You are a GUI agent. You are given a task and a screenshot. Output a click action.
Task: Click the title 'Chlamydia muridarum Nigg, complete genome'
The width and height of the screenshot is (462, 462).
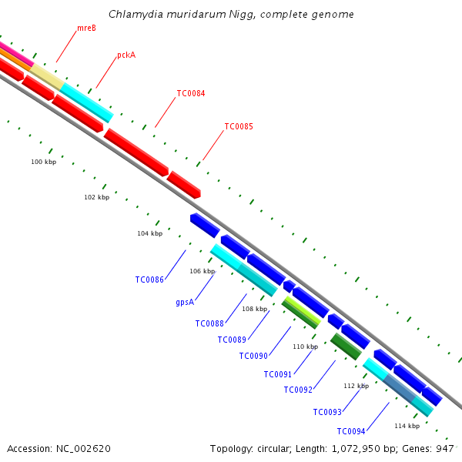click(x=231, y=14)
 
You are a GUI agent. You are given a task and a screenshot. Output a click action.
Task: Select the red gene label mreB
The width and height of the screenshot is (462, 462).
click(x=86, y=28)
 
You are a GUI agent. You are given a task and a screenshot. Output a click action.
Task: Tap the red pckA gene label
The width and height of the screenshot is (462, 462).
click(x=126, y=55)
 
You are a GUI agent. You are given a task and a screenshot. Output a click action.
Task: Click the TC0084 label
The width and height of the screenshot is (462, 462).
click(x=191, y=93)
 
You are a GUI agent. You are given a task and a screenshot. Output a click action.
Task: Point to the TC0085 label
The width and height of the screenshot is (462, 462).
click(x=239, y=126)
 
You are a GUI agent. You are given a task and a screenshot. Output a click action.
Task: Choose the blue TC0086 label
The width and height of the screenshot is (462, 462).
click(x=149, y=280)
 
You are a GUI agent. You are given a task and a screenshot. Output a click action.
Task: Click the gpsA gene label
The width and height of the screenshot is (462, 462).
click(x=184, y=302)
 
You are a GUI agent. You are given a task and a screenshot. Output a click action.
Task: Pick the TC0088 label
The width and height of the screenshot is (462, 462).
click(x=209, y=323)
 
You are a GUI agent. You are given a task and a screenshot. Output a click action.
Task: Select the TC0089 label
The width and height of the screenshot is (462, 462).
click(x=232, y=340)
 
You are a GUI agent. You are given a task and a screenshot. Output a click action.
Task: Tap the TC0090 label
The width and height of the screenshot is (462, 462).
click(x=253, y=356)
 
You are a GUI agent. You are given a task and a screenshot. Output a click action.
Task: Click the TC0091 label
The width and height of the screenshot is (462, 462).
click(x=278, y=374)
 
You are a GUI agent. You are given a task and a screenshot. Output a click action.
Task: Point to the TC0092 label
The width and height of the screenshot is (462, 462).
click(x=298, y=390)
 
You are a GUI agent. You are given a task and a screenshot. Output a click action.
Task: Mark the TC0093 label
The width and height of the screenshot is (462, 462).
click(x=327, y=412)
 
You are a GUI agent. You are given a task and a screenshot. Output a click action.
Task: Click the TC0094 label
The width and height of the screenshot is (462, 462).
click(x=351, y=431)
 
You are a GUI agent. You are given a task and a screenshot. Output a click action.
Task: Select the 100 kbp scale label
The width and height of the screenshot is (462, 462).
click(x=43, y=162)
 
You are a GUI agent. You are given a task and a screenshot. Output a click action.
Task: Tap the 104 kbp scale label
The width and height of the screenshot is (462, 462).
click(x=149, y=233)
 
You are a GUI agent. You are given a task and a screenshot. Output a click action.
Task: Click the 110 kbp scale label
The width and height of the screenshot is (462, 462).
click(x=305, y=346)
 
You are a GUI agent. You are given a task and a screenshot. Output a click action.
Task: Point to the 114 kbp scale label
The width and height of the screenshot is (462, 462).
click(x=407, y=426)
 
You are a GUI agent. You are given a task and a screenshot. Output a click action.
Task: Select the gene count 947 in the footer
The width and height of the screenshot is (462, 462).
click(x=445, y=448)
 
